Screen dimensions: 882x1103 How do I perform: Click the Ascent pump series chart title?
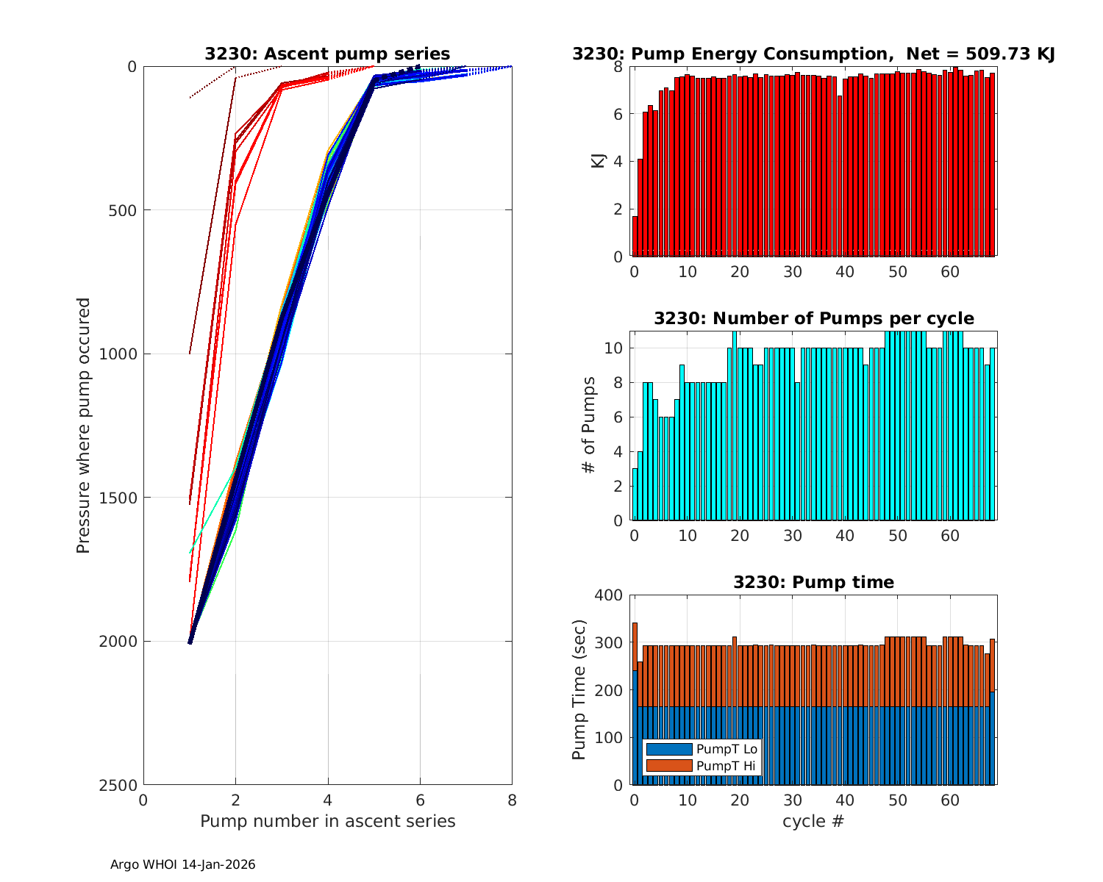pyautogui.click(x=327, y=54)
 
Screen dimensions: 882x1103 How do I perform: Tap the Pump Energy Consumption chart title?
pyautogui.click(x=813, y=54)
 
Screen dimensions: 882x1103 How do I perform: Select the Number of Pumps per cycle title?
pyautogui.click(x=813, y=318)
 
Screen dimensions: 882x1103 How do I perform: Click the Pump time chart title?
pyautogui.click(x=813, y=582)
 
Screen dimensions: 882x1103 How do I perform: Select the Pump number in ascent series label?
pyautogui.click(x=327, y=821)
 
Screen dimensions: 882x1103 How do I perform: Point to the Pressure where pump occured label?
pyautogui.click(x=83, y=425)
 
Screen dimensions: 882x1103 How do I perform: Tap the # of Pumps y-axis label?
pyautogui.click(x=588, y=425)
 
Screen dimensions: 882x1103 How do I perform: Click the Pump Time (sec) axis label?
pyautogui.click(x=579, y=689)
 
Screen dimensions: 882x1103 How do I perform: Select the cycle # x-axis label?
pyautogui.click(x=813, y=821)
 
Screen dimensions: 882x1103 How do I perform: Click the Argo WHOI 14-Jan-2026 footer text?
pyautogui.click(x=182, y=865)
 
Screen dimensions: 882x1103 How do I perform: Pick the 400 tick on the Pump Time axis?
pyautogui.click(x=612, y=595)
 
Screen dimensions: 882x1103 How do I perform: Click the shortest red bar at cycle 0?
pyautogui.click(x=635, y=236)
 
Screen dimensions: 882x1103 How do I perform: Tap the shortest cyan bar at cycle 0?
pyautogui.click(x=635, y=494)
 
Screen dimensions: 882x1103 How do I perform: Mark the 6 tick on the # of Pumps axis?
pyautogui.click(x=618, y=417)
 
